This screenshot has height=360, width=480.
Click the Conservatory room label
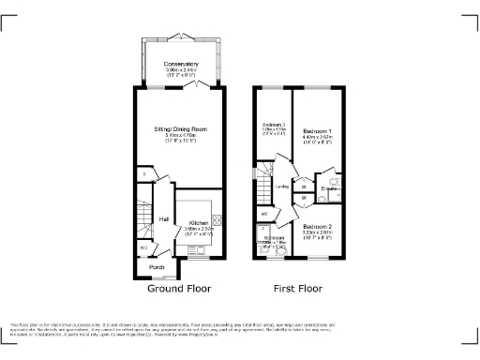181,64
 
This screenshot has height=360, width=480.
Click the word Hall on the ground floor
163,219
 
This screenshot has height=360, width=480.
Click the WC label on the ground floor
142,248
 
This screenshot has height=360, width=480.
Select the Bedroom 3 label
273,125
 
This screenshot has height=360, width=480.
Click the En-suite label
329,189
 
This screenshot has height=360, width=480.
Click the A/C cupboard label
265,214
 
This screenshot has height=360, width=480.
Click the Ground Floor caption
179,289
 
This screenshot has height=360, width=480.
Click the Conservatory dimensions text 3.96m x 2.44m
181,70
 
